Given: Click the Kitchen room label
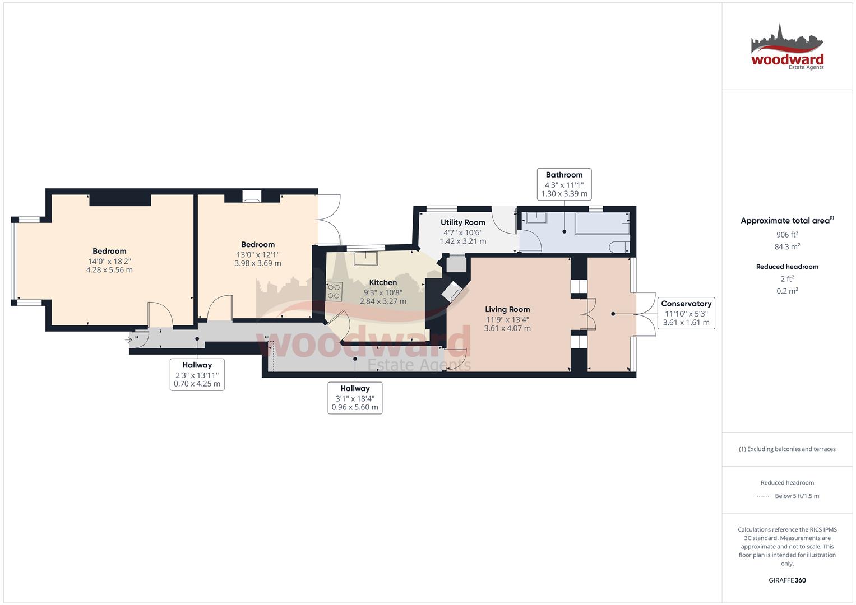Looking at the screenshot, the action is coord(383,282).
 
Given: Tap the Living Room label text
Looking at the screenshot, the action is coord(507,309).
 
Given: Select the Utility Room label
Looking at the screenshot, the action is coord(463,222).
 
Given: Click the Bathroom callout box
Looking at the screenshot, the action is coord(564,184).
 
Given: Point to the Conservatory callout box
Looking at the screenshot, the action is coord(686,313).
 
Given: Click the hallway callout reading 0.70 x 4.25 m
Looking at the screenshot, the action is coord(197,374).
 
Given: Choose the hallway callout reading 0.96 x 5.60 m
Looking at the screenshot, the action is coord(355,398).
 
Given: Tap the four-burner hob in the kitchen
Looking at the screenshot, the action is coord(334,292).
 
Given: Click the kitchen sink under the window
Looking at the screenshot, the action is coord(365,258).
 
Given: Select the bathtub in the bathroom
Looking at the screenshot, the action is coord(602,223).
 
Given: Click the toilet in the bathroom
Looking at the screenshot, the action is coord(619,247).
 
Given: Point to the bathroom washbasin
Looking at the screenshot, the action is coord(536,218).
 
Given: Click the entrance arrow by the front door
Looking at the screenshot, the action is coord(128,339).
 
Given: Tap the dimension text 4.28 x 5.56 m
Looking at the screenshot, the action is coord(110,269).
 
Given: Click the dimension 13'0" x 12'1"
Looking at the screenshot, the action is coord(258,254).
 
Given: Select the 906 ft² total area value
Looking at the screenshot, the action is coord(787,235).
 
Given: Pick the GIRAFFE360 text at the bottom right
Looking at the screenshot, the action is coord(787,580).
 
